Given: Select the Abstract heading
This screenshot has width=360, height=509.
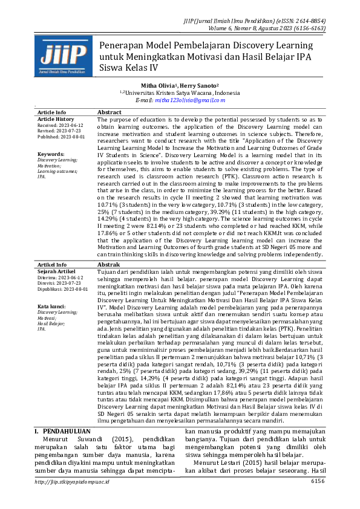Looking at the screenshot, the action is tap(110, 113).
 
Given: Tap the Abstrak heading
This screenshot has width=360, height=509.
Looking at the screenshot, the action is tap(109, 265).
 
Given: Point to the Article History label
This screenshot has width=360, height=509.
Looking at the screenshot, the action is tap(56, 120).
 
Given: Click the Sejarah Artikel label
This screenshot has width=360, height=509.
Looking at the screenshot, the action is tap(57, 271).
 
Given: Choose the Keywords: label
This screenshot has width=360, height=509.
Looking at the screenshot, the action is tap(51, 154).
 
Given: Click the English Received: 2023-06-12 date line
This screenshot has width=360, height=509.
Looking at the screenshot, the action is tap(61, 126).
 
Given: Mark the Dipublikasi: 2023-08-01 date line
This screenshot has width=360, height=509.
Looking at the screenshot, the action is tap(62, 289).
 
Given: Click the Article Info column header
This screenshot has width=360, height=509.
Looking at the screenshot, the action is tap(52, 113).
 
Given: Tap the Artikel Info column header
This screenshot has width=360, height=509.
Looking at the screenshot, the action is tap(52, 265).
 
